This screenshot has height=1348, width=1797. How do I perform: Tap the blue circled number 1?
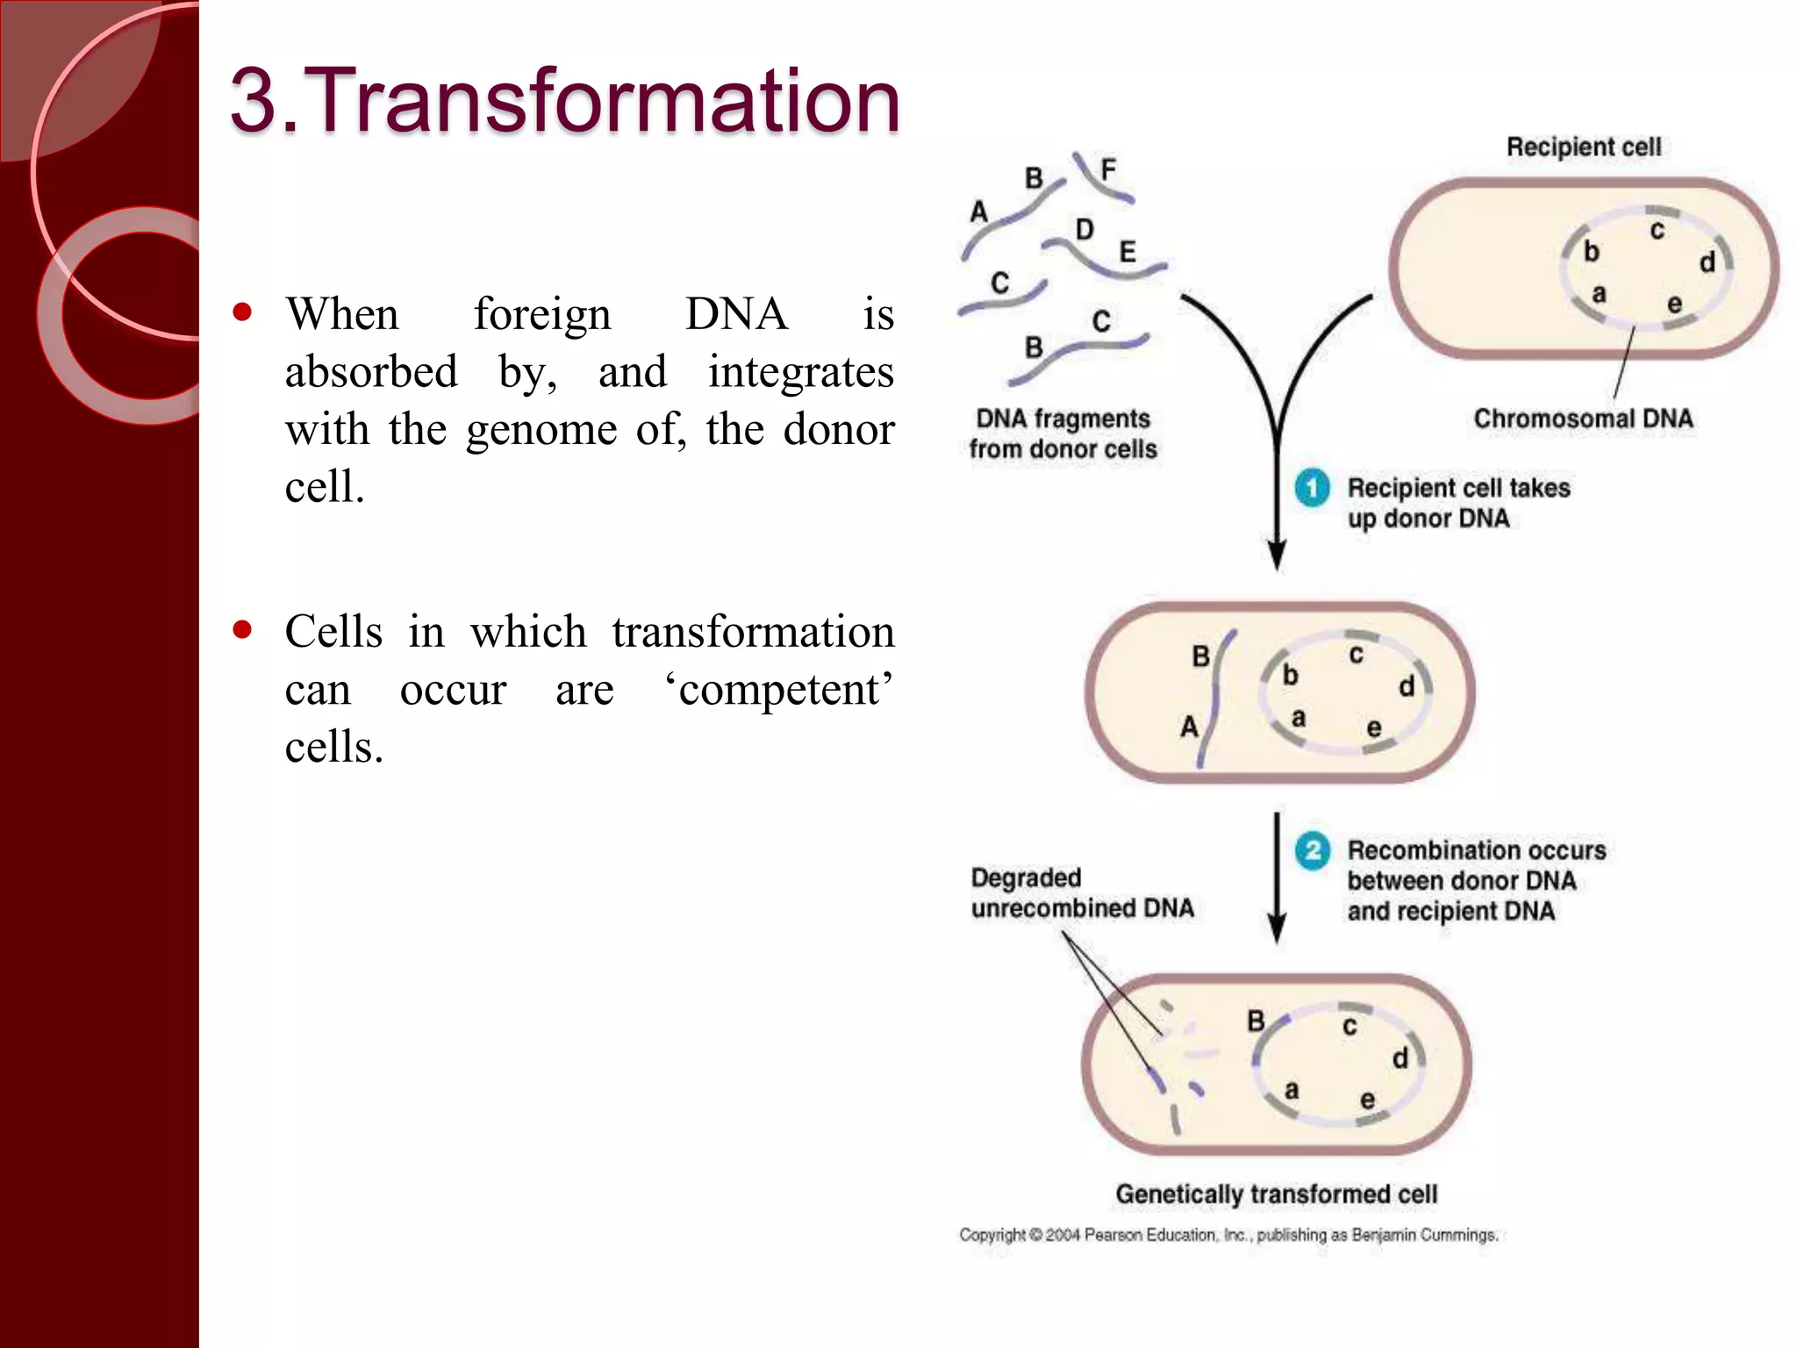(1312, 488)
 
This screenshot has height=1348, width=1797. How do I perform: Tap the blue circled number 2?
(1312, 850)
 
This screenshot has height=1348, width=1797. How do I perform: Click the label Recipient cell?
(1583, 147)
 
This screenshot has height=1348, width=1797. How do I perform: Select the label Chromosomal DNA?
(1583, 419)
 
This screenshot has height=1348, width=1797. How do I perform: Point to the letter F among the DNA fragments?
(1108, 169)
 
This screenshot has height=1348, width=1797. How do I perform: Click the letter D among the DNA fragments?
(1085, 230)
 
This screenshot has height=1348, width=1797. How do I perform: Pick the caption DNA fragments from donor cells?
(1063, 434)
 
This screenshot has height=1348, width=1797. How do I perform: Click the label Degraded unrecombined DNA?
(1081, 893)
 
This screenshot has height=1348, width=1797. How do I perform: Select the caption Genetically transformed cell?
(1276, 1194)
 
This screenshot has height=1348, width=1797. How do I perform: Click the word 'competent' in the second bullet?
(778, 690)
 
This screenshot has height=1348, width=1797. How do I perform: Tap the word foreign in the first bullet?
(541, 314)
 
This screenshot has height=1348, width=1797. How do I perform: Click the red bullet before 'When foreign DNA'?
(243, 312)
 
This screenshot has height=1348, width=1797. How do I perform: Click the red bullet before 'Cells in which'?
(243, 629)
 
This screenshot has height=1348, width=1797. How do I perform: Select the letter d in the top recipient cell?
(1707, 262)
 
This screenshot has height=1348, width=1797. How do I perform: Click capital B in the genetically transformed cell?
(1256, 1021)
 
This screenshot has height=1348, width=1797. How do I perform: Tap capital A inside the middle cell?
(1189, 727)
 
